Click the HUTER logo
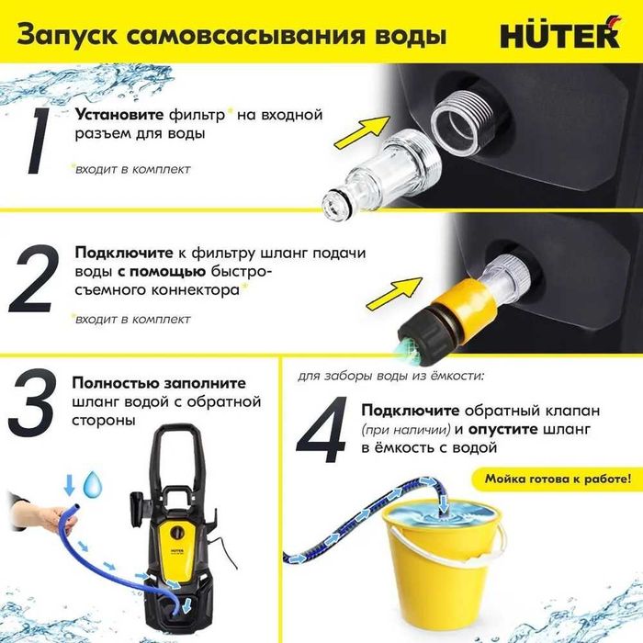pyautogui.click(x=558, y=35)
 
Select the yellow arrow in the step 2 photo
pyautogui.click(x=389, y=295)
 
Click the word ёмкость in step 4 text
pyautogui.click(x=405, y=448)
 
